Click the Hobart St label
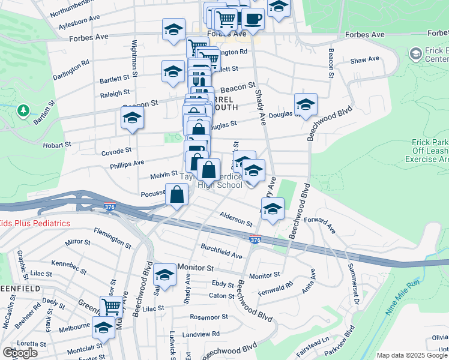coord(57,145)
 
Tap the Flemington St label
coord(112,238)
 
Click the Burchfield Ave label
coord(221,251)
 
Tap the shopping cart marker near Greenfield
coord(112,307)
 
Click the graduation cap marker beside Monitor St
coord(164,275)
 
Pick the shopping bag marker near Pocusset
coord(177,194)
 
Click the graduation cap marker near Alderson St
coord(273,209)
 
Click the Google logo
coord(20,353)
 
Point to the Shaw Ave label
coord(365,59)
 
